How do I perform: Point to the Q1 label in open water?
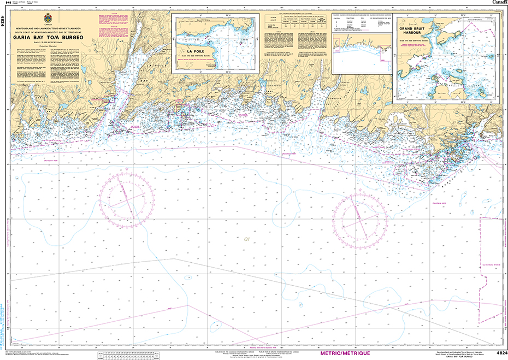[x=247, y=239]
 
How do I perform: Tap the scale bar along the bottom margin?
[x=142, y=355]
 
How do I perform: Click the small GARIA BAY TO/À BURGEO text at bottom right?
[x=464, y=358]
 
